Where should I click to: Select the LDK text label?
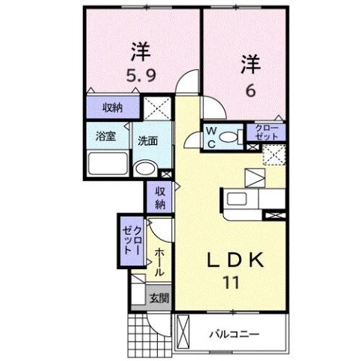[x=234, y=260]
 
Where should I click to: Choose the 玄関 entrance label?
[x=158, y=298]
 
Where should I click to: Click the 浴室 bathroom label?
[x=104, y=138]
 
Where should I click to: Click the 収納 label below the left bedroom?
[x=113, y=107]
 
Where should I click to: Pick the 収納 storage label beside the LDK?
[x=160, y=197]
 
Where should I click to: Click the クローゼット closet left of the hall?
[x=133, y=241]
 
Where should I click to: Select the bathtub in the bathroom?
[x=108, y=163]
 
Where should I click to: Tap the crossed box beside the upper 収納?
[x=157, y=107]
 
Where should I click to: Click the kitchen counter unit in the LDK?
[x=252, y=199]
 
